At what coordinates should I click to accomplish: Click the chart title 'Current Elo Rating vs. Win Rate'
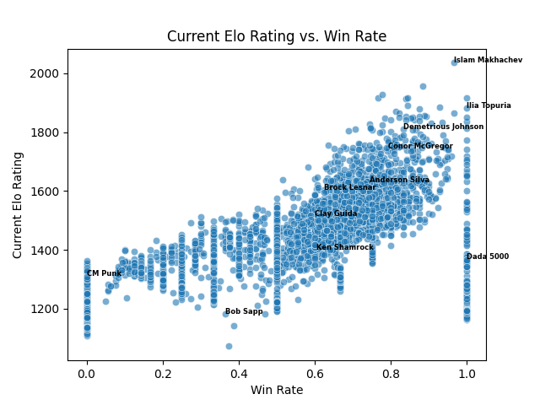point(277,36)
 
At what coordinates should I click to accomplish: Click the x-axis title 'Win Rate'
point(277,390)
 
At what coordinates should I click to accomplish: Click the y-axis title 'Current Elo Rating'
point(18,204)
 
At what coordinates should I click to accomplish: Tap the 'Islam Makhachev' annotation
point(488,60)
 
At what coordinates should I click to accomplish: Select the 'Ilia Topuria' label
point(489,105)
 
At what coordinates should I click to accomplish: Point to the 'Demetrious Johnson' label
point(443,127)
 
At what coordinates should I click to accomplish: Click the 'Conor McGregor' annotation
point(420,146)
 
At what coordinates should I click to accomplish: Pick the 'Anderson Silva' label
point(399,180)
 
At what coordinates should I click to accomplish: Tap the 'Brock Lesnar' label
point(349,187)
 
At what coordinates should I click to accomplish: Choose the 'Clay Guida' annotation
point(336,213)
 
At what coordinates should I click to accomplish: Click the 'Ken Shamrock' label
point(344,247)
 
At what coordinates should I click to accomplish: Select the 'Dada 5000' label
point(488,256)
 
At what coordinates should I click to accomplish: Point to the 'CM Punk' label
point(104,273)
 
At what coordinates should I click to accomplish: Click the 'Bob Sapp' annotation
point(244,311)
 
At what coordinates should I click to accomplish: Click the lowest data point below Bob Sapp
point(229,346)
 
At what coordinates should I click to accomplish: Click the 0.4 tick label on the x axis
point(239,372)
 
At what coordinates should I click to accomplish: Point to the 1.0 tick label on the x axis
point(467,372)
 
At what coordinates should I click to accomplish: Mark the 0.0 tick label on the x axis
point(86,372)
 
